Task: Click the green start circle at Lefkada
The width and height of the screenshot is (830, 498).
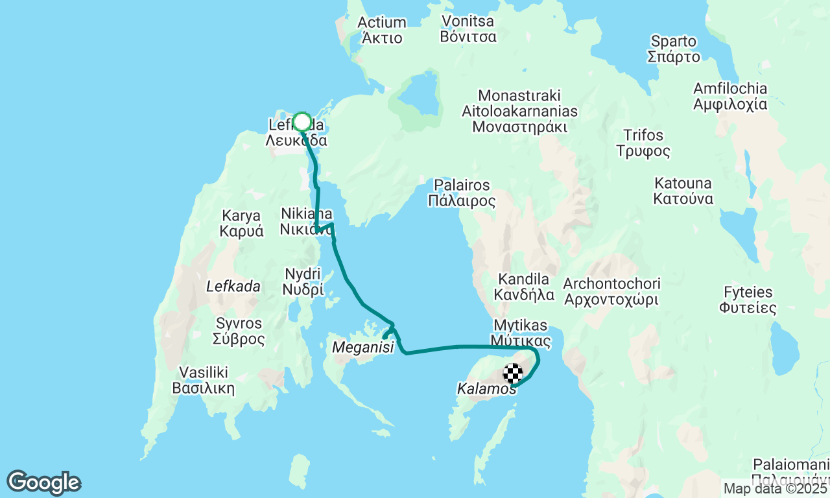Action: (302, 122)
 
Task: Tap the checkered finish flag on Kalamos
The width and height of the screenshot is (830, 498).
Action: (513, 373)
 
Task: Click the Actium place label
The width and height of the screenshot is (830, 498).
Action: (382, 30)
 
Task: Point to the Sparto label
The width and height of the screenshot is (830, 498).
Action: (674, 49)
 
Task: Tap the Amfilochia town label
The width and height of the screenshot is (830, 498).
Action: (729, 96)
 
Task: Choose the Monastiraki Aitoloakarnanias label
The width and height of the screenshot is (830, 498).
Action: (519, 111)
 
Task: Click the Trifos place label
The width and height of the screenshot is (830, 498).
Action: (643, 143)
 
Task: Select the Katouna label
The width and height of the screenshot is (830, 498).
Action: (683, 191)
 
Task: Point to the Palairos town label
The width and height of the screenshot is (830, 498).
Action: (462, 193)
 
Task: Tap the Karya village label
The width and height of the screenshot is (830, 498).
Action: (241, 223)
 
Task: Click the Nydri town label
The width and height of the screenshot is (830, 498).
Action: (303, 282)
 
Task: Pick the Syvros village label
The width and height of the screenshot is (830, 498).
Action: (239, 331)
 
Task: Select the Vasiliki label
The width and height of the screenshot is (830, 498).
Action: (203, 381)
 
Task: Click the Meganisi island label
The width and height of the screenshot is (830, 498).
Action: (363, 348)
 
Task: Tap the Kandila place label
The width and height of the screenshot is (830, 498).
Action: (524, 287)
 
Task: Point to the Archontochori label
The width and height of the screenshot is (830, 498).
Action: (611, 292)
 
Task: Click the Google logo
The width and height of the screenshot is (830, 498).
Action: (43, 482)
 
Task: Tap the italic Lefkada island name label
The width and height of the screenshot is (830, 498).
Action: (233, 286)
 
